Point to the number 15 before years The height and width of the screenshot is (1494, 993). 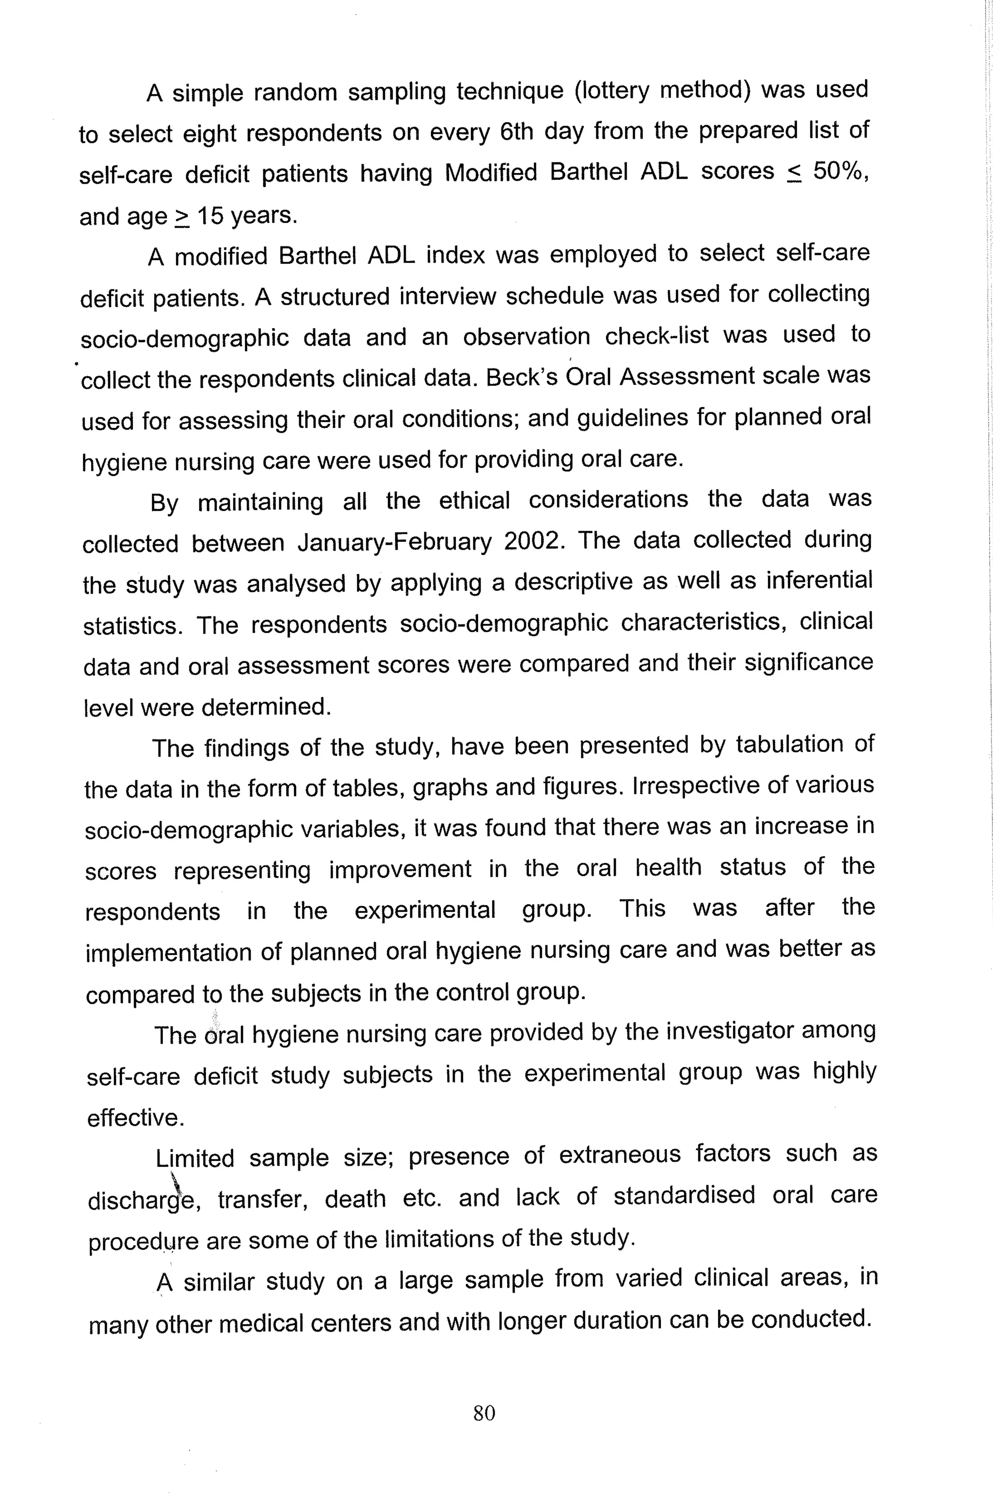click(209, 216)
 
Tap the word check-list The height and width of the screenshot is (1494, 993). click(656, 335)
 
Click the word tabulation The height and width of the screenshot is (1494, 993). click(788, 745)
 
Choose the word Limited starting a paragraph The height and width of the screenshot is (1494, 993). click(194, 1158)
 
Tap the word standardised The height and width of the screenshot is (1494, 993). click(684, 1195)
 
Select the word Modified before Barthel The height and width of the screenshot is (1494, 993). click(491, 172)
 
